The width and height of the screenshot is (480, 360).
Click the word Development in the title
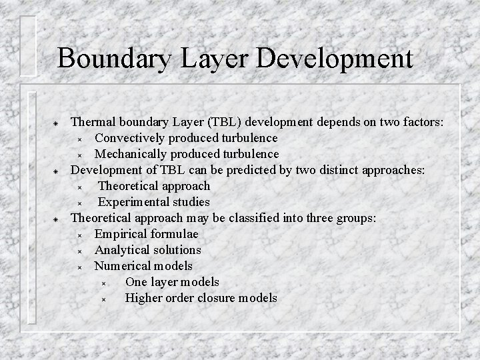334,58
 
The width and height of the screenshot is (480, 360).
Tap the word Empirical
119,234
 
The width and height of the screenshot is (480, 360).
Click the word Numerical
121,266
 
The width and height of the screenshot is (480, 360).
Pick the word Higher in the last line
143,298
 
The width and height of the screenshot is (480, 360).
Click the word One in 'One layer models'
136,282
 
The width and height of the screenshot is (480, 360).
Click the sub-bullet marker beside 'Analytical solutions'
79,251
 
